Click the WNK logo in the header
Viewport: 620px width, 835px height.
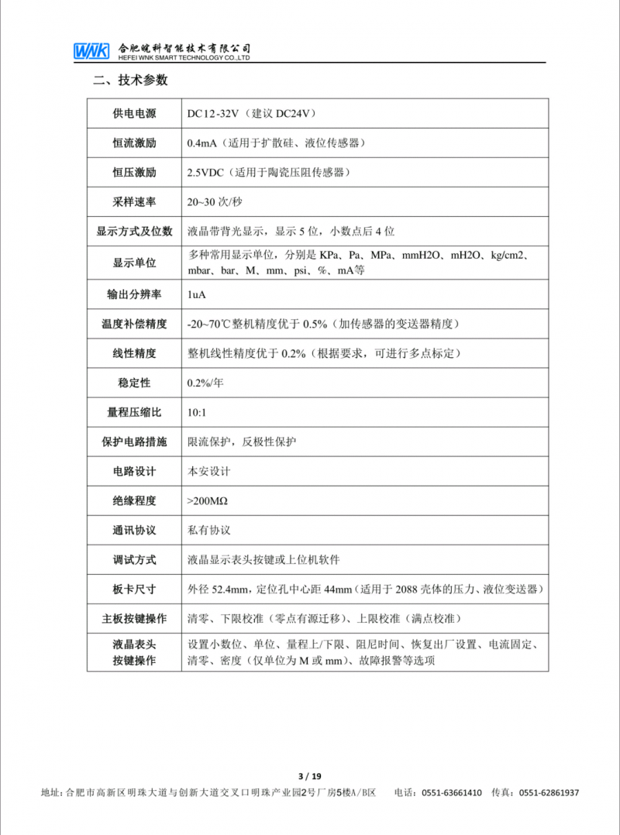click(91, 51)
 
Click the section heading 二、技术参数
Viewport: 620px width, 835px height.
click(130, 81)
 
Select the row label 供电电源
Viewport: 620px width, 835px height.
click(133, 114)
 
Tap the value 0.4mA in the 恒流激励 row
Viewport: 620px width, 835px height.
click(201, 143)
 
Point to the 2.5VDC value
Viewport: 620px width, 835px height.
click(205, 172)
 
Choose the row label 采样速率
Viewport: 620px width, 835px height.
click(133, 201)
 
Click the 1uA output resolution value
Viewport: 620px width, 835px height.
click(196, 295)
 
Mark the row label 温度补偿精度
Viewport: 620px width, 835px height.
click(133, 324)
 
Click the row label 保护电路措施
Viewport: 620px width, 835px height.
click(133, 442)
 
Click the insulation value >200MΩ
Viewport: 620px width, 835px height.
click(207, 501)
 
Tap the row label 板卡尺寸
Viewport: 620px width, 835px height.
click(133, 589)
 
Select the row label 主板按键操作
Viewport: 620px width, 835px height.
click(133, 619)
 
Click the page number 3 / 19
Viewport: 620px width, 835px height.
click(309, 776)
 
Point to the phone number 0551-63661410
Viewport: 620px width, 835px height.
click(452, 793)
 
